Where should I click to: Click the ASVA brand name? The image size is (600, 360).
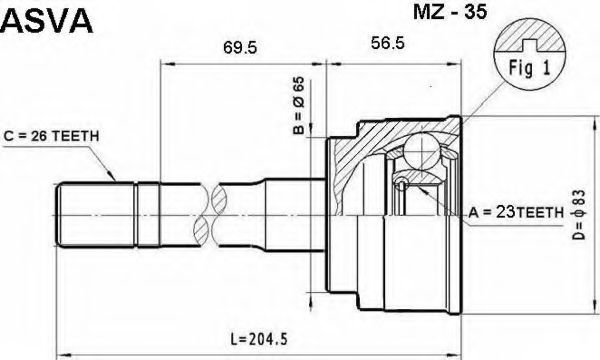click(47, 21)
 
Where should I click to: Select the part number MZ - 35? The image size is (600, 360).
click(450, 12)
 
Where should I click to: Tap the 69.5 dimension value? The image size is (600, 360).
click(240, 48)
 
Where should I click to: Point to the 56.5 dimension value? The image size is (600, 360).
click(387, 43)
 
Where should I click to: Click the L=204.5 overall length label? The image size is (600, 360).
click(259, 339)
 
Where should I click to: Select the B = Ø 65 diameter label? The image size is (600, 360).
click(298, 106)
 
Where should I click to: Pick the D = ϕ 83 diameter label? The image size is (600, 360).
click(579, 215)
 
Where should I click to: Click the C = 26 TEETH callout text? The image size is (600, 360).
click(51, 136)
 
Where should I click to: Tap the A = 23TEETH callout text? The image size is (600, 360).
click(516, 212)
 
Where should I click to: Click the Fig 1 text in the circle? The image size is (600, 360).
click(529, 68)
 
